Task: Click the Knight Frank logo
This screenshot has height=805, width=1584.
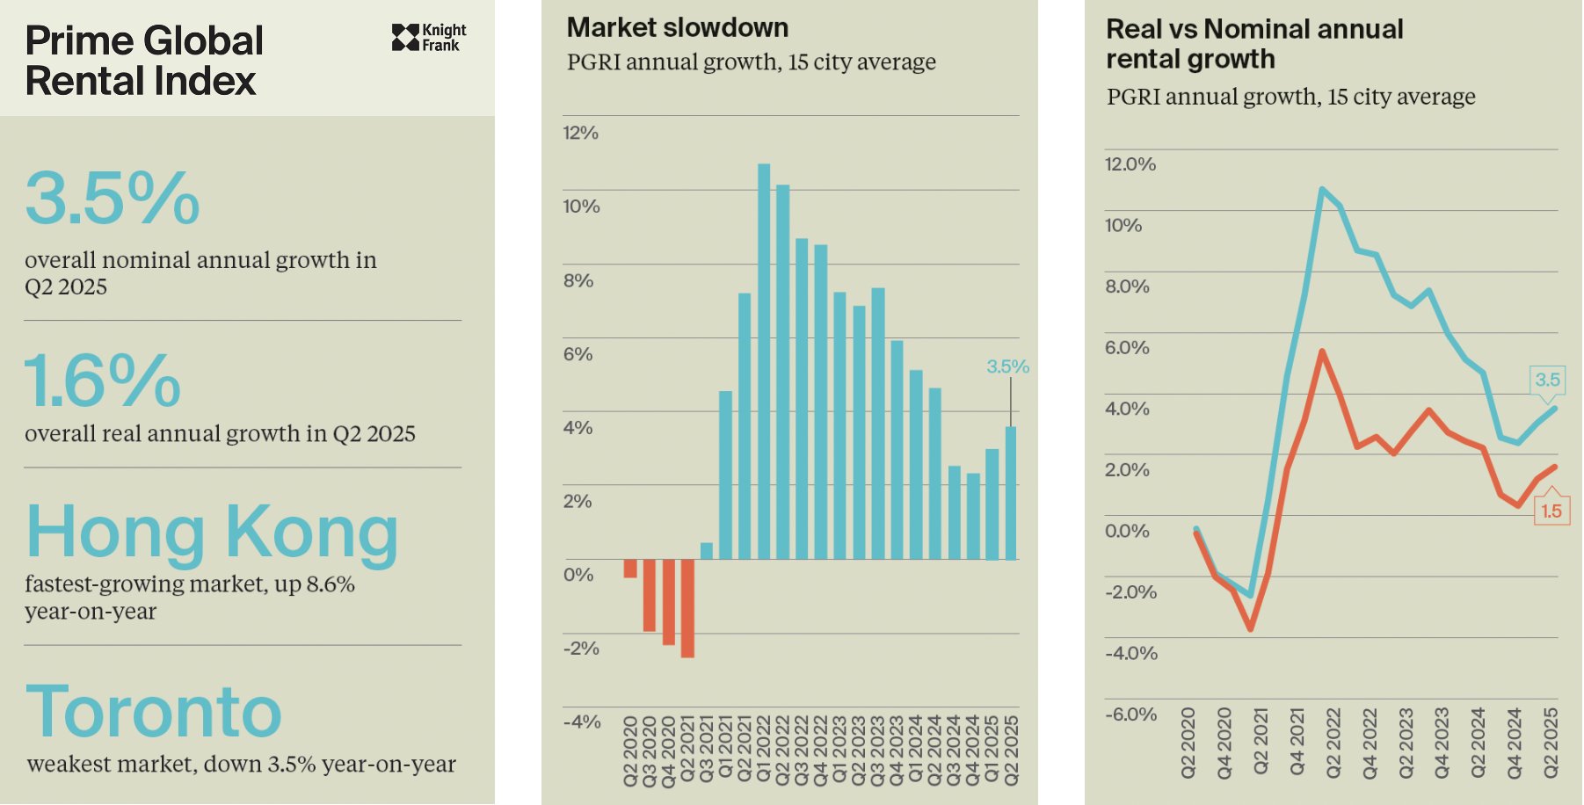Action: click(428, 38)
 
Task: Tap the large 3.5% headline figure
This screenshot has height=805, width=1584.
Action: click(113, 199)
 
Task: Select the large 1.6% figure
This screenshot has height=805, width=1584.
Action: click(102, 381)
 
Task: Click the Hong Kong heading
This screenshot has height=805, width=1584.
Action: click(212, 533)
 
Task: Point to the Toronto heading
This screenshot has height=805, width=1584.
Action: click(154, 712)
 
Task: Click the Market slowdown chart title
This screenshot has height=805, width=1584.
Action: click(677, 28)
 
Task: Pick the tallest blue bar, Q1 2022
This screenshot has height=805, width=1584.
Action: click(764, 360)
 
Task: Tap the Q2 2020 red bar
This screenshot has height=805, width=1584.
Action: click(630, 569)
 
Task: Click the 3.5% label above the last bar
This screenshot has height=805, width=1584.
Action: click(1007, 367)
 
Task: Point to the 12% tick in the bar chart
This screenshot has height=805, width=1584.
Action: click(580, 133)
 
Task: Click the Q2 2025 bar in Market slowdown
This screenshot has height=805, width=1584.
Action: click(1011, 493)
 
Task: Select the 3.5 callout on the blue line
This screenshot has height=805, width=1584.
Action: click(1547, 380)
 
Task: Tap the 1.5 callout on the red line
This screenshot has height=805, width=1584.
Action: click(1551, 511)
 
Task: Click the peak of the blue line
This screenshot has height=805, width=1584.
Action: click(1321, 189)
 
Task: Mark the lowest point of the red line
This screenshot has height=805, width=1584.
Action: click(1250, 628)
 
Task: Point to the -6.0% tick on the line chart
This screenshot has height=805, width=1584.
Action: click(1130, 714)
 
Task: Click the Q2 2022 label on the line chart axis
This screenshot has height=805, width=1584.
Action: click(1333, 743)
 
